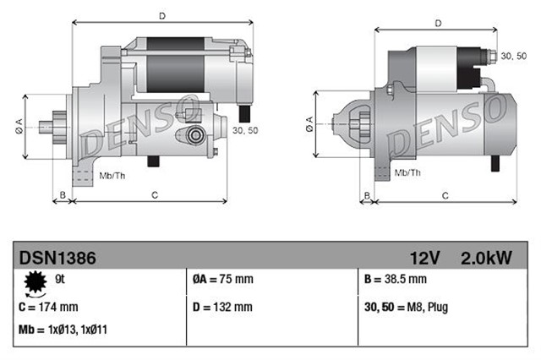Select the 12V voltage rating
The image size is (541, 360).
tap(425, 256)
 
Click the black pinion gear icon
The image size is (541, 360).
tap(36, 281)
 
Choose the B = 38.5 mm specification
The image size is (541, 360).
tap(393, 279)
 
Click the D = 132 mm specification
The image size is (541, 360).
tap(221, 307)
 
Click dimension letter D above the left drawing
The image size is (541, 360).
tap(161, 14)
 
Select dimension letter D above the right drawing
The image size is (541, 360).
tap(438, 23)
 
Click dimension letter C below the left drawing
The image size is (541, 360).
tap(155, 195)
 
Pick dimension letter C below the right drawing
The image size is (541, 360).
tap(445, 195)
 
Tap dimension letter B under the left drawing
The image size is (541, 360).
tap(61, 195)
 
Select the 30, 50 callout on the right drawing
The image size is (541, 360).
tap(513, 56)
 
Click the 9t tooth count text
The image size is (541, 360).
tap(58, 277)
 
